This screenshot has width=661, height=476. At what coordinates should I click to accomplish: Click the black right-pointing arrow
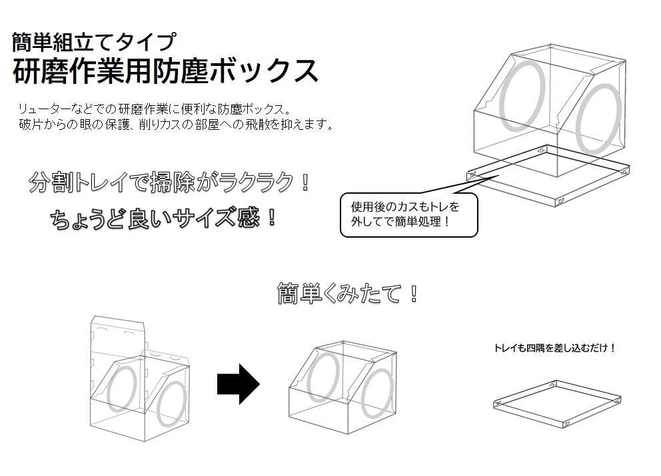tap(238, 383)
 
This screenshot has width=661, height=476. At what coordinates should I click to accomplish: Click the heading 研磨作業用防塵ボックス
tap(165, 71)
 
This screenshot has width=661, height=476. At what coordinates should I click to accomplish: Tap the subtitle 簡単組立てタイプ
tap(93, 42)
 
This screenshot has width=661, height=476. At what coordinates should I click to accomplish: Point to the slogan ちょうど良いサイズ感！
tap(163, 218)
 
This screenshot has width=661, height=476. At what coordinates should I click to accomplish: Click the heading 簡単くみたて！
tap(348, 293)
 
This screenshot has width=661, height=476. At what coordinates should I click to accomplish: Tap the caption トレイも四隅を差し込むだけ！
tap(555, 348)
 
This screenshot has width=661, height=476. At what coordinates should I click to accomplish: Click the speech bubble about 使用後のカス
tap(408, 215)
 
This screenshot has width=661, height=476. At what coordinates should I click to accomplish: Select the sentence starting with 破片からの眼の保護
tap(177, 124)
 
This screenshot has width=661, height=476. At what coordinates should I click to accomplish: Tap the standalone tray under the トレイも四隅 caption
tap(557, 403)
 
